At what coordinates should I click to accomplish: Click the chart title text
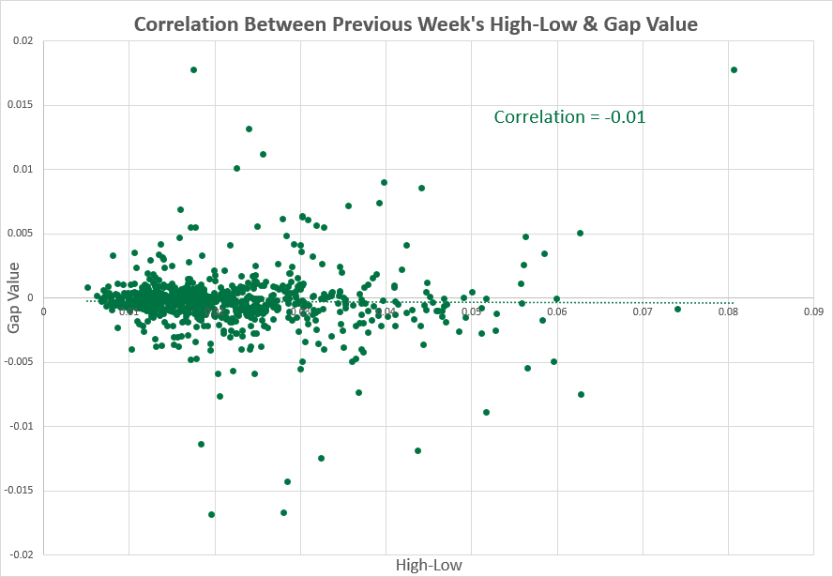tap(416, 23)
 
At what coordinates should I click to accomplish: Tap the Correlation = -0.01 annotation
tap(569, 117)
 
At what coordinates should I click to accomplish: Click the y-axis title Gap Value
tap(14, 298)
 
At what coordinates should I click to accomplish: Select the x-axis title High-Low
tap(429, 565)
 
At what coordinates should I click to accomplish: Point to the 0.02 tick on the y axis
tap(24, 40)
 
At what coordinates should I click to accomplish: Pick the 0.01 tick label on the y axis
tap(24, 169)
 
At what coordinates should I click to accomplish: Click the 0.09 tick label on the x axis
tap(812, 311)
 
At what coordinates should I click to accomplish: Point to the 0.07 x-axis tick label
tap(642, 311)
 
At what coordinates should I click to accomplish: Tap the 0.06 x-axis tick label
tap(556, 311)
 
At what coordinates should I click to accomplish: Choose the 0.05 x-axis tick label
tap(471, 311)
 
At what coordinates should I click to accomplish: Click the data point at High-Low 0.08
tap(734, 69)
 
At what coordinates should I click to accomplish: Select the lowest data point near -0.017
tap(211, 514)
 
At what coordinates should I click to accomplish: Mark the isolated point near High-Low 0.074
tap(677, 309)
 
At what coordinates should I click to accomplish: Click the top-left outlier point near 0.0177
tap(193, 69)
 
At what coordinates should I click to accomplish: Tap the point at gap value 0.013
tap(249, 129)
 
